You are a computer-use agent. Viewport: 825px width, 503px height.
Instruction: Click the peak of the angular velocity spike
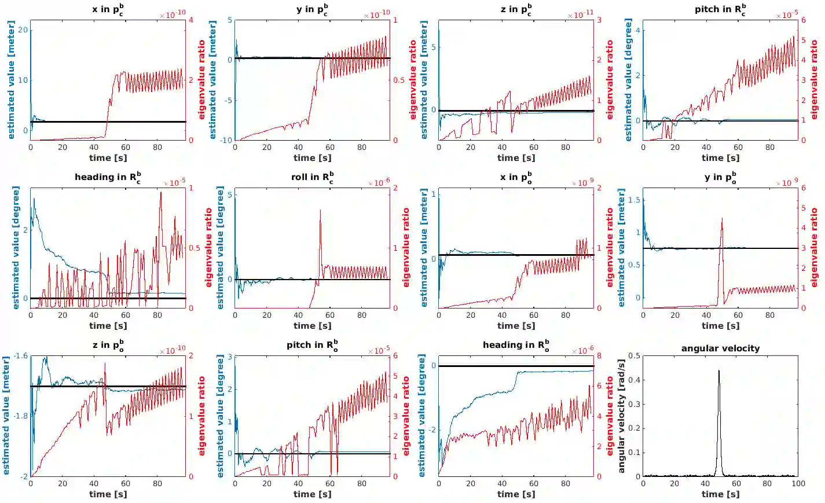coord(719,371)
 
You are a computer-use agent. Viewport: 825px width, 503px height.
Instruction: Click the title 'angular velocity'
coord(720,348)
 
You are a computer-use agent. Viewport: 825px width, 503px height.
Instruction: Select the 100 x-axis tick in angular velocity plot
coord(798,483)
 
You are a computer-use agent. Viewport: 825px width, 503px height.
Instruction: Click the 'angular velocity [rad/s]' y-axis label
coord(621,416)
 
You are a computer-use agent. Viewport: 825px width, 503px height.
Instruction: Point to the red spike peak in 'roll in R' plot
coord(320,211)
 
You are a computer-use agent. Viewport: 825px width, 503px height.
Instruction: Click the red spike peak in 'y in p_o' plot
coord(722,219)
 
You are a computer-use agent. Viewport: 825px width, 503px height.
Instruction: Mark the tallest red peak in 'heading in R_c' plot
coord(161,192)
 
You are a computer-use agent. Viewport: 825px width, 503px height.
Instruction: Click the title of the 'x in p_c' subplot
coord(108,9)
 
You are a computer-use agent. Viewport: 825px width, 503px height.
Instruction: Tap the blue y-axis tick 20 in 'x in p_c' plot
coord(23,30)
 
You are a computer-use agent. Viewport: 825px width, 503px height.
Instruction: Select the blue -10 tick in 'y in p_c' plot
coord(226,140)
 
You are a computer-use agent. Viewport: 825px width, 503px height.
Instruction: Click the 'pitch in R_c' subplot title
coord(720,9)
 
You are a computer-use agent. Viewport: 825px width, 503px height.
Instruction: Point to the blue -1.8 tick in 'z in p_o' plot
coord(20,416)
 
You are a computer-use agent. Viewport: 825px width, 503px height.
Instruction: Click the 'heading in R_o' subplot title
coord(516,346)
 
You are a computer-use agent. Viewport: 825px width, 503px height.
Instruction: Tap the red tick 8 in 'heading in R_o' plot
coord(599,356)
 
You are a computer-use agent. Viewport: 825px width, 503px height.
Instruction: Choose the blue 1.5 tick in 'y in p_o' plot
coord(634,200)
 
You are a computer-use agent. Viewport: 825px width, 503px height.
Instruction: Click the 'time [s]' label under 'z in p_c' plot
coord(515,157)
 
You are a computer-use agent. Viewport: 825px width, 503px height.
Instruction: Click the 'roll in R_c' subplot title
coord(312,178)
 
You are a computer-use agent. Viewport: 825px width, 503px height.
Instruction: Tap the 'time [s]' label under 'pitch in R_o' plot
coord(312,494)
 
